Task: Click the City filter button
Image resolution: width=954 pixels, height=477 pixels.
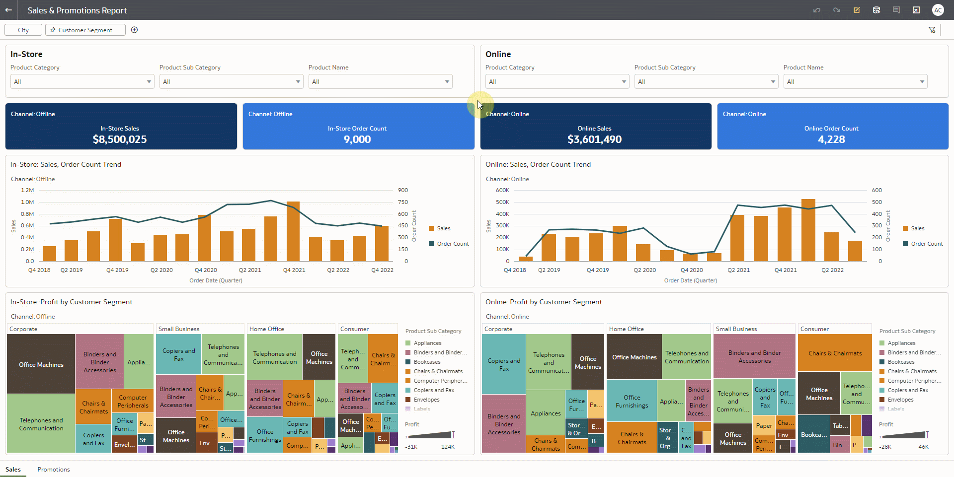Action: [x=23, y=30]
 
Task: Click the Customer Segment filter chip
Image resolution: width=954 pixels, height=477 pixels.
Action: [x=85, y=30]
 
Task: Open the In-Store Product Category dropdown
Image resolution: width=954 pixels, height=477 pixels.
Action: [x=82, y=82]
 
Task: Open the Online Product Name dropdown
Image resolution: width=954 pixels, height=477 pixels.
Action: [x=855, y=82]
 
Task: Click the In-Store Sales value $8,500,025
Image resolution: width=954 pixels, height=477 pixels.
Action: [x=120, y=139]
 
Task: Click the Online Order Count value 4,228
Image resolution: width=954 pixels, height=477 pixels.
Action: [x=831, y=139]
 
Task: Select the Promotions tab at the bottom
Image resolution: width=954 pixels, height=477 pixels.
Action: [x=54, y=470]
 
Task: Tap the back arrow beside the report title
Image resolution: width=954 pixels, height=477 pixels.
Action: [x=8, y=10]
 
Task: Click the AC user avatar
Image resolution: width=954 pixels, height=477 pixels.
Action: [x=938, y=10]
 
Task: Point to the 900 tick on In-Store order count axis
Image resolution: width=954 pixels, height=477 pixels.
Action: [x=403, y=191]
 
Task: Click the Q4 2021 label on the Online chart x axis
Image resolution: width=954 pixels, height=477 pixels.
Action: [x=786, y=271]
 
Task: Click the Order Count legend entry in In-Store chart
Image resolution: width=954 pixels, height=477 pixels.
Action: [x=452, y=244]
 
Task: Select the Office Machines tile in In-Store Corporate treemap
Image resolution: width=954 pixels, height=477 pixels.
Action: [x=41, y=365]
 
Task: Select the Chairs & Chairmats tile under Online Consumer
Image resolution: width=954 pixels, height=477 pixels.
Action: [x=835, y=353]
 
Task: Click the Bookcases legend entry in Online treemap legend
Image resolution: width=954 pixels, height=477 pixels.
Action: [x=900, y=362]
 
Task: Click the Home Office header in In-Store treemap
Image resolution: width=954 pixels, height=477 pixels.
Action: [x=267, y=329]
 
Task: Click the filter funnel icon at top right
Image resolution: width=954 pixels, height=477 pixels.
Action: [x=932, y=30]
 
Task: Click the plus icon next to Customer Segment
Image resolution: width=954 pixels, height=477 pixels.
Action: [x=134, y=30]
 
